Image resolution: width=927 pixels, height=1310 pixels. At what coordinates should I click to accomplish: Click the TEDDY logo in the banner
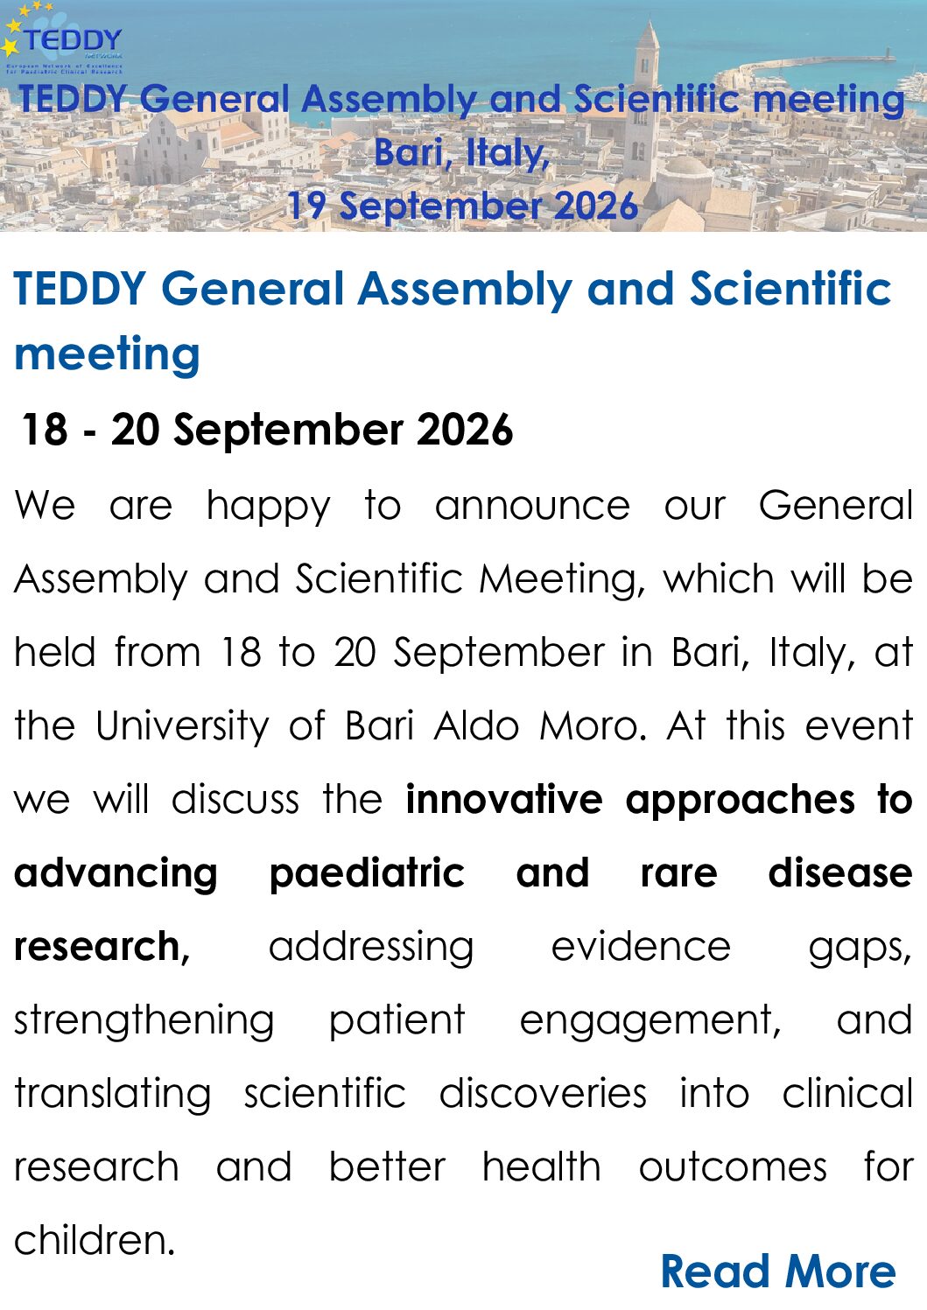[62, 39]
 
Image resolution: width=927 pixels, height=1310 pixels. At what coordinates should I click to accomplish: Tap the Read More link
[778, 1271]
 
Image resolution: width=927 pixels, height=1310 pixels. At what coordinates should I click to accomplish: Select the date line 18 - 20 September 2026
[267, 430]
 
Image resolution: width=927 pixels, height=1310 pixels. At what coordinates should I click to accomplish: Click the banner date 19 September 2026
[462, 206]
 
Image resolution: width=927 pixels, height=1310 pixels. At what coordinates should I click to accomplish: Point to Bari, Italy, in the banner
[462, 152]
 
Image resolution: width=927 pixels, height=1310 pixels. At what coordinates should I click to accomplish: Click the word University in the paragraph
[182, 726]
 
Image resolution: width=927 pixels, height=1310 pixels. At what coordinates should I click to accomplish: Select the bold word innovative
[504, 799]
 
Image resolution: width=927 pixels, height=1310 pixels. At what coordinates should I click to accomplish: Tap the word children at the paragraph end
[95, 1240]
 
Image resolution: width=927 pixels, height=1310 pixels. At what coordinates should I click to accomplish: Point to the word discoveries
[543, 1094]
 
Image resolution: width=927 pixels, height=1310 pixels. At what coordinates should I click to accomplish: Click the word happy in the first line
[269, 508]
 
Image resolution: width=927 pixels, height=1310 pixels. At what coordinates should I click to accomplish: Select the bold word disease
[840, 872]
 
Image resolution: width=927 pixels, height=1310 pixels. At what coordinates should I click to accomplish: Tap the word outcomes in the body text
[733, 1167]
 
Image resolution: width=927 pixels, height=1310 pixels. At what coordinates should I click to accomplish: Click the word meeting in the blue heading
[107, 354]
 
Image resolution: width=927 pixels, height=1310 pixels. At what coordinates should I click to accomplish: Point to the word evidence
[641, 946]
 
